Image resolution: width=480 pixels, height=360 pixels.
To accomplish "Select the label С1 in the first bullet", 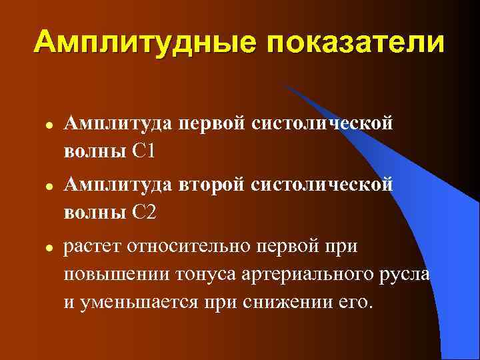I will point(144,151).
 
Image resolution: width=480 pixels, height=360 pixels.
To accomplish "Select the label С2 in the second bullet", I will point(144,213).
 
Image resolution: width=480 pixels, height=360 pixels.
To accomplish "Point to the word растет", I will point(90,246).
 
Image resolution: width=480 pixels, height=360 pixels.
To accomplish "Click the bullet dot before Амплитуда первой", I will point(41,125).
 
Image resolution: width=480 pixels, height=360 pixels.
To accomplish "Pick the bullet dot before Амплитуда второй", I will point(41,186).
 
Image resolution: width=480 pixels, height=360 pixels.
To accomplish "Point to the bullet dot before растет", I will point(41,247).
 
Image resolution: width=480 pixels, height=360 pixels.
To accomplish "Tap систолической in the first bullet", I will point(322,123).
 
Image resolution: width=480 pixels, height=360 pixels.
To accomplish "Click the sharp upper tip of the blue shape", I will point(281,83).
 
